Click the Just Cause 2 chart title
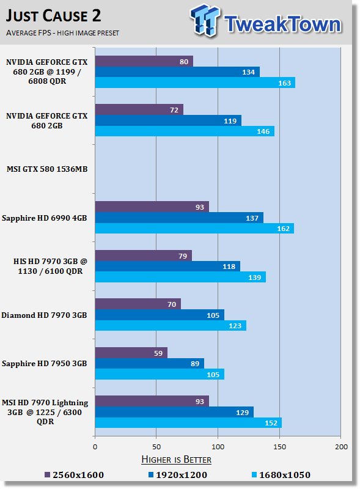(53, 16)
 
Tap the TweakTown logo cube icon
(205, 20)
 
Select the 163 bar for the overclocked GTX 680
(195, 83)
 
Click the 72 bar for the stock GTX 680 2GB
(139, 110)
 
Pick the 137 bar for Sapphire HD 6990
(179, 218)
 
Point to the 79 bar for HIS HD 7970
(144, 256)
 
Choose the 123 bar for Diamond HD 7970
(171, 326)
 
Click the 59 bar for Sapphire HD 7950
(131, 353)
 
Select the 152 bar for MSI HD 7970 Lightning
(188, 423)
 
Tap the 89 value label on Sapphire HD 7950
(195, 364)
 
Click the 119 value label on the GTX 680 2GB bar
(230, 121)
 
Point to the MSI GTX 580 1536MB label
(47, 169)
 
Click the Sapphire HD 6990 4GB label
(44, 218)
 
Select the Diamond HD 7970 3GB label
(44, 315)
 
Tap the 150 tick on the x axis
(279, 447)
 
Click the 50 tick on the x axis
(156, 447)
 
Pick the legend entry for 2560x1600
(74, 475)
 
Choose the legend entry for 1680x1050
(281, 475)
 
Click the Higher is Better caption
(176, 460)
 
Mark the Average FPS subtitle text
(62, 33)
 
